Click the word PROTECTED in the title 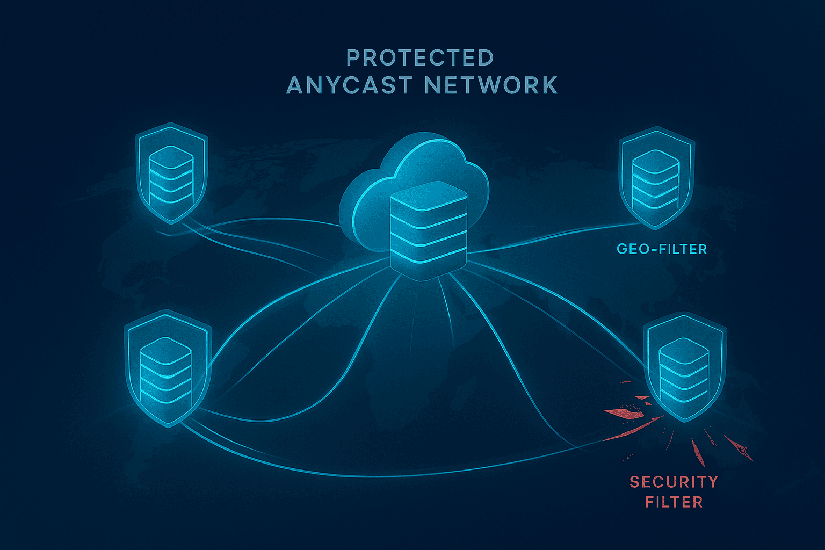tap(420, 58)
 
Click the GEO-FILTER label tap(662, 249)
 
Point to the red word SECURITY tap(674, 482)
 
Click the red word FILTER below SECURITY tap(674, 502)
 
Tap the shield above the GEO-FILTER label tap(656, 177)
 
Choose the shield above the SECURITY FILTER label tap(684, 371)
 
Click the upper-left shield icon tap(172, 172)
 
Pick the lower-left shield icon tap(167, 368)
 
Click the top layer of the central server tap(428, 196)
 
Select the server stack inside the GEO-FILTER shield tap(655, 180)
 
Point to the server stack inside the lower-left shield tap(166, 371)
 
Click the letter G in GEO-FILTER tap(622, 249)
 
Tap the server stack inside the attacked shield tap(684, 371)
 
